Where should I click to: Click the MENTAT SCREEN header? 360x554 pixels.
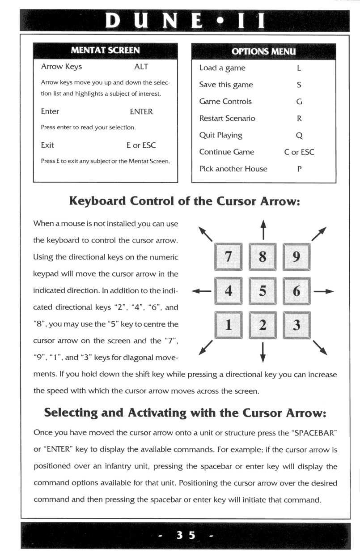(x=105, y=50)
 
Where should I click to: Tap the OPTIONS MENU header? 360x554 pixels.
(x=263, y=51)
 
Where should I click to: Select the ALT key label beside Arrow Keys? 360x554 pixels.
(x=141, y=67)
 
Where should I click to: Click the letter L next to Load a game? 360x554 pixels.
(x=299, y=68)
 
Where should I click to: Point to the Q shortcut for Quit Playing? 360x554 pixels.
(x=299, y=135)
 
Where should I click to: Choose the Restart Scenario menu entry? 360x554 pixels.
(x=227, y=119)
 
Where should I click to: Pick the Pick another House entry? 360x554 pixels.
(x=233, y=169)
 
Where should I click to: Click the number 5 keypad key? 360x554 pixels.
(x=263, y=291)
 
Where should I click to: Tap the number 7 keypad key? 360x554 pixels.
(x=228, y=257)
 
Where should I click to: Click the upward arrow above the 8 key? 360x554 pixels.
(x=263, y=229)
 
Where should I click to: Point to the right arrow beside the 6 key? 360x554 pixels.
(x=324, y=291)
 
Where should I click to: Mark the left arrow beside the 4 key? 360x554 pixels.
(x=201, y=291)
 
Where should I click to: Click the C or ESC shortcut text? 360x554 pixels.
(x=299, y=152)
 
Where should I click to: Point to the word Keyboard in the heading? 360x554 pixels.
(x=97, y=201)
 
